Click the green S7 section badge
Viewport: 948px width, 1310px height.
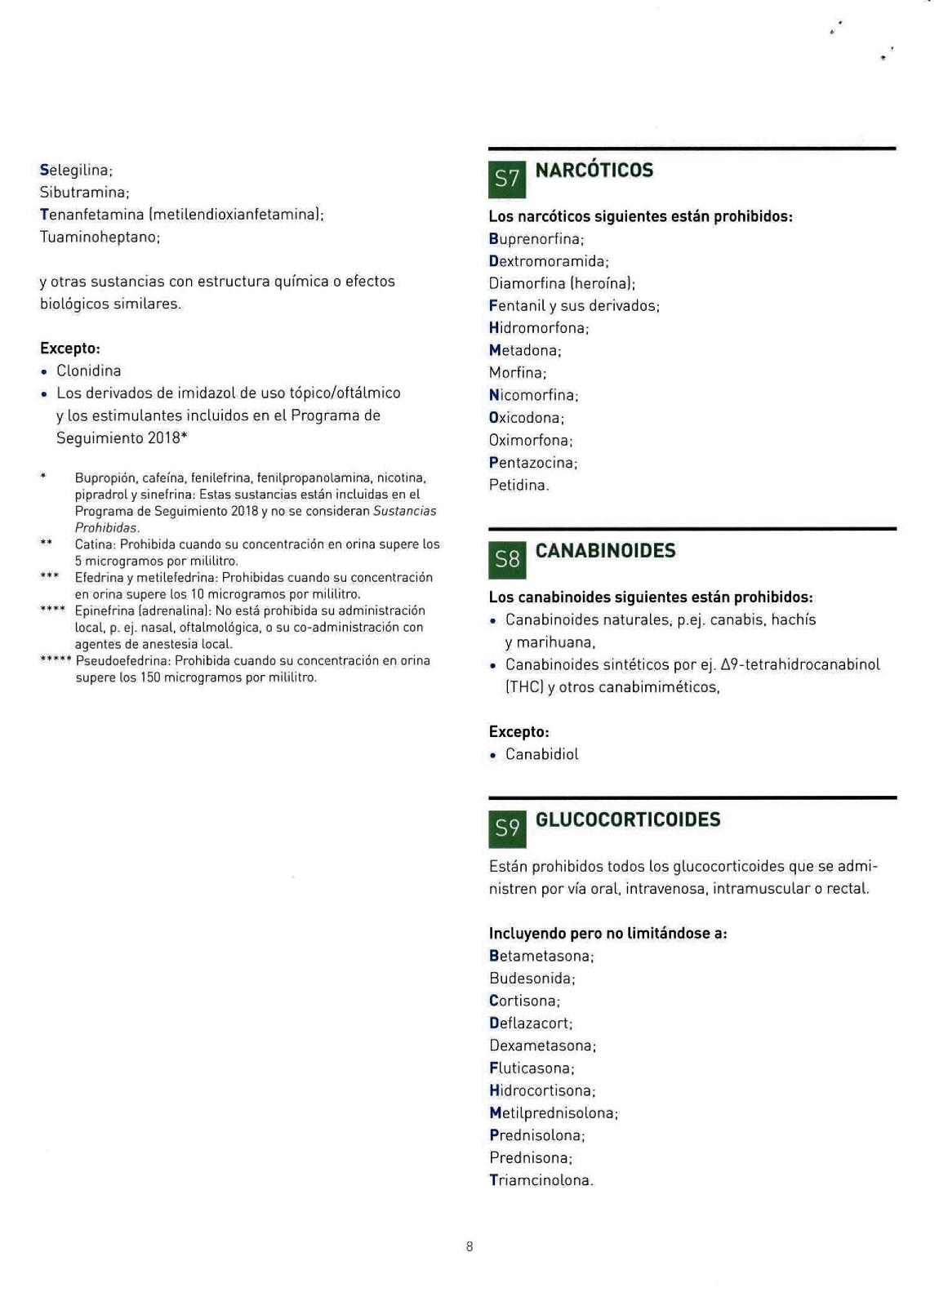tap(507, 179)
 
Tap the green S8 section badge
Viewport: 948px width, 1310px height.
tap(507, 559)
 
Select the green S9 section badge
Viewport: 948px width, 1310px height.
tap(507, 828)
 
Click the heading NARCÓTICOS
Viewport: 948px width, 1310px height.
tap(594, 171)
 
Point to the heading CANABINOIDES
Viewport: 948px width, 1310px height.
tap(605, 551)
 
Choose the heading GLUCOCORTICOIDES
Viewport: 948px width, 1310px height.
tap(628, 819)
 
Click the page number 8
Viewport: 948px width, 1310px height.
tap(470, 1246)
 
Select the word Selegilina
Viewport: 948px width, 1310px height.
tap(74, 171)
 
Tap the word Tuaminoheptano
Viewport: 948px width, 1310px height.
tap(98, 238)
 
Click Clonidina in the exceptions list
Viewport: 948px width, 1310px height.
tap(88, 371)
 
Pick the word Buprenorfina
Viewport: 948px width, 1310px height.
tap(535, 239)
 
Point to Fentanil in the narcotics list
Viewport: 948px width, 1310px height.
tap(515, 306)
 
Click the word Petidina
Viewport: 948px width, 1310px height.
tap(518, 486)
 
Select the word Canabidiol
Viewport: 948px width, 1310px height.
tap(541, 755)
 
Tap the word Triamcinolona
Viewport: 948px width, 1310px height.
tap(540, 1180)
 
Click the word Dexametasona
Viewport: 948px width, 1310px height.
tap(541, 1046)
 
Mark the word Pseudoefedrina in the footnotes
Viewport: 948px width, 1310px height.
tap(122, 661)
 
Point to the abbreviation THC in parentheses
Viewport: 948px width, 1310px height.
tap(519, 687)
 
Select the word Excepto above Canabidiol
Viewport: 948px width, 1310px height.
tap(518, 732)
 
